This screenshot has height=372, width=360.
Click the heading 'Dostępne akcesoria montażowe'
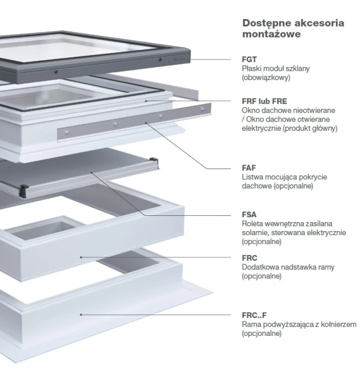pos(293,28)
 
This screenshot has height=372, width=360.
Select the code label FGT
pos(249,60)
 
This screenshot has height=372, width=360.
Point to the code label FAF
pos(249,168)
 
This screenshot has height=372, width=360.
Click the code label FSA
pos(249,215)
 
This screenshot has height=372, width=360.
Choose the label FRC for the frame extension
pos(250,258)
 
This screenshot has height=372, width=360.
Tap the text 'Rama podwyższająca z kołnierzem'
pos(299,324)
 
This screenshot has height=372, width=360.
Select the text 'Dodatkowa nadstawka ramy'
pos(288,267)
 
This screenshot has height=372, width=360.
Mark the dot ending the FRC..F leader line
pos(81,315)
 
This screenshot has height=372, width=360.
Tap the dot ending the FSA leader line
pos(91,172)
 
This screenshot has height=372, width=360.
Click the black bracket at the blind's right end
pos(153,160)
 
